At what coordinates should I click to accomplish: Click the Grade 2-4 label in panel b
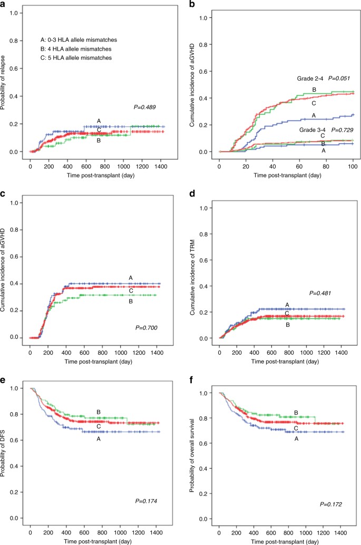click(x=311, y=78)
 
